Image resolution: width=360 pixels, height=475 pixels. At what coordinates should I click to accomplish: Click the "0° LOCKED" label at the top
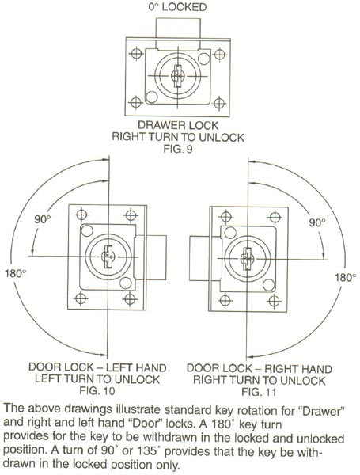(x=177, y=6)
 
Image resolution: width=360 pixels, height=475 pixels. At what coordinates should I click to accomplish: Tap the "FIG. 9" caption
(x=178, y=149)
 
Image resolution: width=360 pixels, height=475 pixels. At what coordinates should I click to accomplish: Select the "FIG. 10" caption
(x=97, y=391)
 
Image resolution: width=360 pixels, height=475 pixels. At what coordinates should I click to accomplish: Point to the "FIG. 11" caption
(x=259, y=392)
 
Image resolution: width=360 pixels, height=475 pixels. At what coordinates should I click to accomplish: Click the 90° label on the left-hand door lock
(x=43, y=219)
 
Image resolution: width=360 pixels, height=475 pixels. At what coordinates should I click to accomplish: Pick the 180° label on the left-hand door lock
(x=15, y=274)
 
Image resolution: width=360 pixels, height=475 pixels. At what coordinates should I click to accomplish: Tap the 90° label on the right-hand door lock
(x=317, y=222)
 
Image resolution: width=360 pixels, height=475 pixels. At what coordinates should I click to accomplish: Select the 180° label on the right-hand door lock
(x=345, y=277)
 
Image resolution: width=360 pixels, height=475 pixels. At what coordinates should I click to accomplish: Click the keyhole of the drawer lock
(x=177, y=76)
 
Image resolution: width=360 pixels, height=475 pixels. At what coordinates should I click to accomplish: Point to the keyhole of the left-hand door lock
(x=108, y=256)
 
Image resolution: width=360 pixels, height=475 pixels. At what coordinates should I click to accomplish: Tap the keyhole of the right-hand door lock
(x=247, y=258)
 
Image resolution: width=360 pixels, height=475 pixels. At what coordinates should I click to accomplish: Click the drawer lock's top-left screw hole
(x=136, y=54)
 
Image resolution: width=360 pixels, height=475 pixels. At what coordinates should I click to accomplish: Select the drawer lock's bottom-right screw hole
(x=219, y=103)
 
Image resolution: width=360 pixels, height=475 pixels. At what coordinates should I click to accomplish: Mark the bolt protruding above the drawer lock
(x=178, y=33)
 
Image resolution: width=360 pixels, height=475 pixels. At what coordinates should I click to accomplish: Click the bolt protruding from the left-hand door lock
(x=151, y=257)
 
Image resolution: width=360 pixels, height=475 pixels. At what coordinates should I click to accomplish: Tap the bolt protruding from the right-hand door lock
(x=205, y=258)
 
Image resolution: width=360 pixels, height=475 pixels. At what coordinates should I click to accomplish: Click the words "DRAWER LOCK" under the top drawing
(x=178, y=125)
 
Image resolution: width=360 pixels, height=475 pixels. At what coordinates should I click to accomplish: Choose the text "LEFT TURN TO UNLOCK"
(x=97, y=379)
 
